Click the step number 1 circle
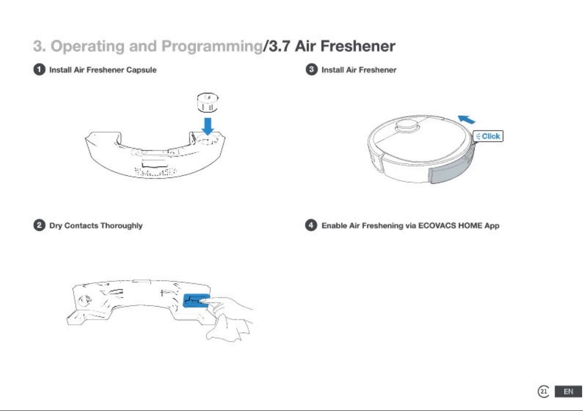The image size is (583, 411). [x=39, y=70]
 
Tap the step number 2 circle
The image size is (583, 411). [x=39, y=225]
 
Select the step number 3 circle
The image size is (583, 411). [x=311, y=70]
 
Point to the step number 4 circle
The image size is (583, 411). [x=311, y=225]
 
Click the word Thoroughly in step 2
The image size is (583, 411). [x=122, y=226]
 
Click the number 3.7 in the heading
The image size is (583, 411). [x=279, y=46]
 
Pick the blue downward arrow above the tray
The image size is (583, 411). [x=208, y=126]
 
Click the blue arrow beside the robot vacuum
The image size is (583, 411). [x=466, y=119]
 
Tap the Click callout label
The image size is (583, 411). [x=488, y=136]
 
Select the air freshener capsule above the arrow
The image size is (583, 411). [x=207, y=103]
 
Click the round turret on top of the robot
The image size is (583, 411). [x=407, y=126]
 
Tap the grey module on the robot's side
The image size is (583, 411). [x=452, y=164]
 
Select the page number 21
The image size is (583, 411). [x=543, y=391]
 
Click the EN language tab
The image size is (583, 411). [x=568, y=392]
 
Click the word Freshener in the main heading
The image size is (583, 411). [x=358, y=46]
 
